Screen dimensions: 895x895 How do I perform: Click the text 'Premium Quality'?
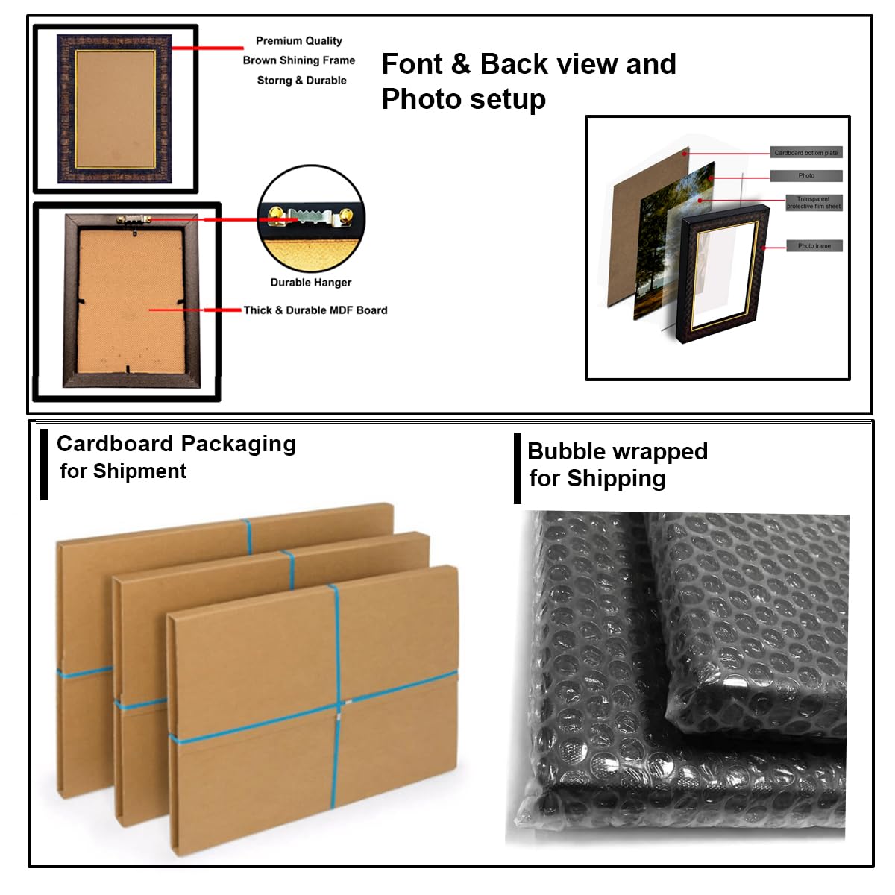pyautogui.click(x=298, y=41)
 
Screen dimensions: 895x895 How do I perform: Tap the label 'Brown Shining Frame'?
pyautogui.click(x=298, y=60)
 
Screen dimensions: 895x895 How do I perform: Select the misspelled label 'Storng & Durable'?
pyautogui.click(x=301, y=81)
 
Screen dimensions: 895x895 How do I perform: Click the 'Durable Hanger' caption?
pyautogui.click(x=310, y=283)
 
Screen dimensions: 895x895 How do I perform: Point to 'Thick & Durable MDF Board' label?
pyautogui.click(x=315, y=310)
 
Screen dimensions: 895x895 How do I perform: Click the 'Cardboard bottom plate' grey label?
pyautogui.click(x=805, y=153)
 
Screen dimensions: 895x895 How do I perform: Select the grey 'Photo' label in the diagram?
pyautogui.click(x=806, y=176)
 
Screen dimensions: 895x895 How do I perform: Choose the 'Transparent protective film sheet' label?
pyautogui.click(x=814, y=203)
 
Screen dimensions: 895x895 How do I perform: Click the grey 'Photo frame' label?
pyautogui.click(x=814, y=245)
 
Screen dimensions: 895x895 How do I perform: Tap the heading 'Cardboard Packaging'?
pyautogui.click(x=176, y=444)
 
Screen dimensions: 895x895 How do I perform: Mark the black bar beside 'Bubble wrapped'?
pyautogui.click(x=518, y=468)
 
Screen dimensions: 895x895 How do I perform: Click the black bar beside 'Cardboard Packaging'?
pyautogui.click(x=44, y=464)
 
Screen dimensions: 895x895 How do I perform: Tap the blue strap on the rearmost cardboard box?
pyautogui.click(x=248, y=536)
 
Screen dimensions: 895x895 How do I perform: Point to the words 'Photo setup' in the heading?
pyautogui.click(x=463, y=99)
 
